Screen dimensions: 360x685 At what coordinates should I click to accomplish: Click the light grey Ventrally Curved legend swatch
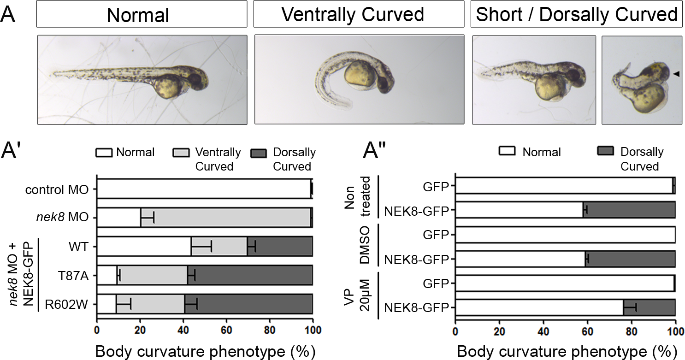tap(182, 152)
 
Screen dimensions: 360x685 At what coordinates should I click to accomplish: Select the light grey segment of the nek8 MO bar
tap(225, 218)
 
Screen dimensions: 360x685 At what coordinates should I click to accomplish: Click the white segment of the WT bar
tap(144, 246)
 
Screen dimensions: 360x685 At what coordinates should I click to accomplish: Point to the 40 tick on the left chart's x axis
tap(183, 330)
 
